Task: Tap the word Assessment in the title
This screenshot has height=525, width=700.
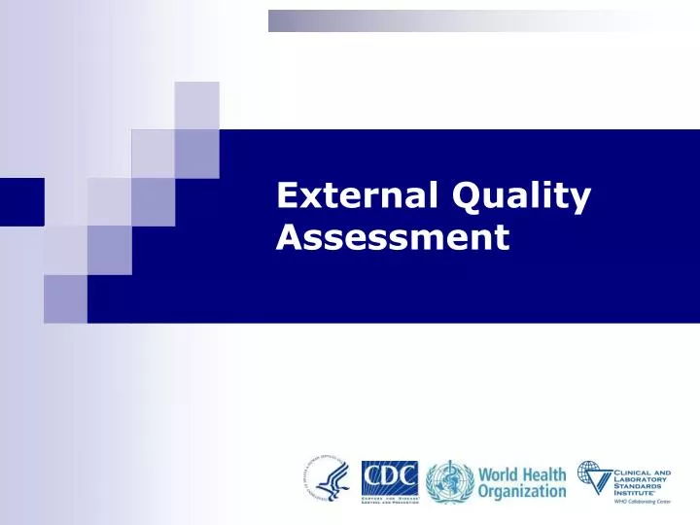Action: (393, 237)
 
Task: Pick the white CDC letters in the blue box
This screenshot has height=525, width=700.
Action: (390, 475)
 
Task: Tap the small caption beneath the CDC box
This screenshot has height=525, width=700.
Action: (390, 498)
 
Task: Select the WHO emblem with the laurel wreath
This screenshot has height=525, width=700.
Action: (449, 481)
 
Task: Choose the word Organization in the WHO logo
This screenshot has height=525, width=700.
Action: (521, 491)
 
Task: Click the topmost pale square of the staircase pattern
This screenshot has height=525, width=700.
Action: (195, 105)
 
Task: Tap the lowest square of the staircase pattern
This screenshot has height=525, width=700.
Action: (65, 298)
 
